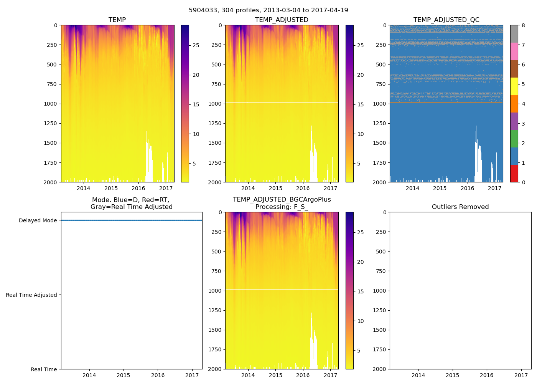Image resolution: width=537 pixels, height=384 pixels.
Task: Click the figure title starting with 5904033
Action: click(268, 10)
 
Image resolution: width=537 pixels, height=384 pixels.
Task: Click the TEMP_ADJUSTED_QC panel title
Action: click(446, 20)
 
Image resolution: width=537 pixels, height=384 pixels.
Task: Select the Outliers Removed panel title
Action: click(460, 207)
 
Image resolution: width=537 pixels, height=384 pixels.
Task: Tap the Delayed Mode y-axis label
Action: click(38, 220)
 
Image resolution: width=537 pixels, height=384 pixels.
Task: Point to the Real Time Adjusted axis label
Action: click(31, 295)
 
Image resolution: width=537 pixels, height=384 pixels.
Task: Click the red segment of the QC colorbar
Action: click(514, 174)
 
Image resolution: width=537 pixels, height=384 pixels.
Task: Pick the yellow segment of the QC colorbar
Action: click(514, 86)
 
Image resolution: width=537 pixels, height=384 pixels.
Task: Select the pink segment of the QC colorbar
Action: click(514, 51)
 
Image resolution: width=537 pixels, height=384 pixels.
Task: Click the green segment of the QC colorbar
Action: click(514, 139)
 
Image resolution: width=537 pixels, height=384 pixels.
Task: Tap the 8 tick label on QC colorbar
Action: click(524, 25)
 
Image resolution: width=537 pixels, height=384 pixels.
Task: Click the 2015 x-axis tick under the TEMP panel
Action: click(111, 188)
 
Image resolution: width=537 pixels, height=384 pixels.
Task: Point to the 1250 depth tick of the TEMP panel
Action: click(51, 123)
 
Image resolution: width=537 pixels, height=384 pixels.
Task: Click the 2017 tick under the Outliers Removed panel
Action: click(521, 375)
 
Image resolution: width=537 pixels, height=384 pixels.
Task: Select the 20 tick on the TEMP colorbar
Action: click(196, 75)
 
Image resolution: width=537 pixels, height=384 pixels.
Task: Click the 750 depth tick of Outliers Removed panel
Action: click(380, 271)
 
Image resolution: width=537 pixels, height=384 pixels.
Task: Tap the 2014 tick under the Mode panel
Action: click(89, 375)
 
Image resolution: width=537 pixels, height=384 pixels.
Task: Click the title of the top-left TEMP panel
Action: click(117, 20)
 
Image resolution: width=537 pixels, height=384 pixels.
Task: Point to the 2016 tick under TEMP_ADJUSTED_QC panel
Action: click(467, 188)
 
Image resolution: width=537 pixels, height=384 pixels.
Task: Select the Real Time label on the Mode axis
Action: click(44, 369)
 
